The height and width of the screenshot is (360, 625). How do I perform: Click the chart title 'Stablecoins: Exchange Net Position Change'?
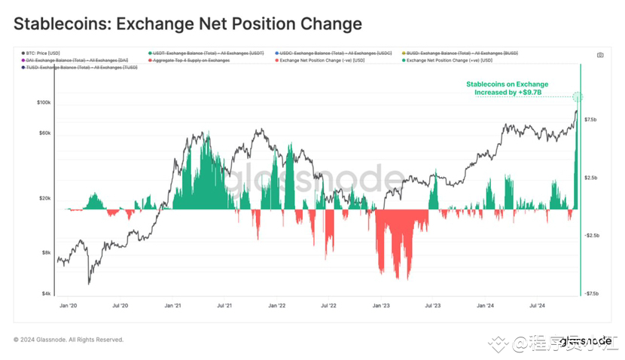tap(187, 23)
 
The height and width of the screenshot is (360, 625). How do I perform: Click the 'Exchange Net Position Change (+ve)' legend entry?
tap(453, 60)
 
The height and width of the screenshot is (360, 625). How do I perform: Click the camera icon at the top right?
tap(599, 55)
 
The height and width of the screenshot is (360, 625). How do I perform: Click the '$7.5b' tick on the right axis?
tap(590, 120)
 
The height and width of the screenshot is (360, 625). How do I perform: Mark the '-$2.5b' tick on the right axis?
tap(590, 236)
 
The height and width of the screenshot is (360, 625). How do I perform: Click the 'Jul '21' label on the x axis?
tap(224, 307)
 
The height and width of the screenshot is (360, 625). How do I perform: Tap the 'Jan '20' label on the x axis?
tap(69, 307)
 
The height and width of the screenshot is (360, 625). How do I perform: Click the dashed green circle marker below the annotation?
tap(578, 96)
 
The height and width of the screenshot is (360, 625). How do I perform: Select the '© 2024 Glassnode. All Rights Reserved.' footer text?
tap(69, 340)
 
